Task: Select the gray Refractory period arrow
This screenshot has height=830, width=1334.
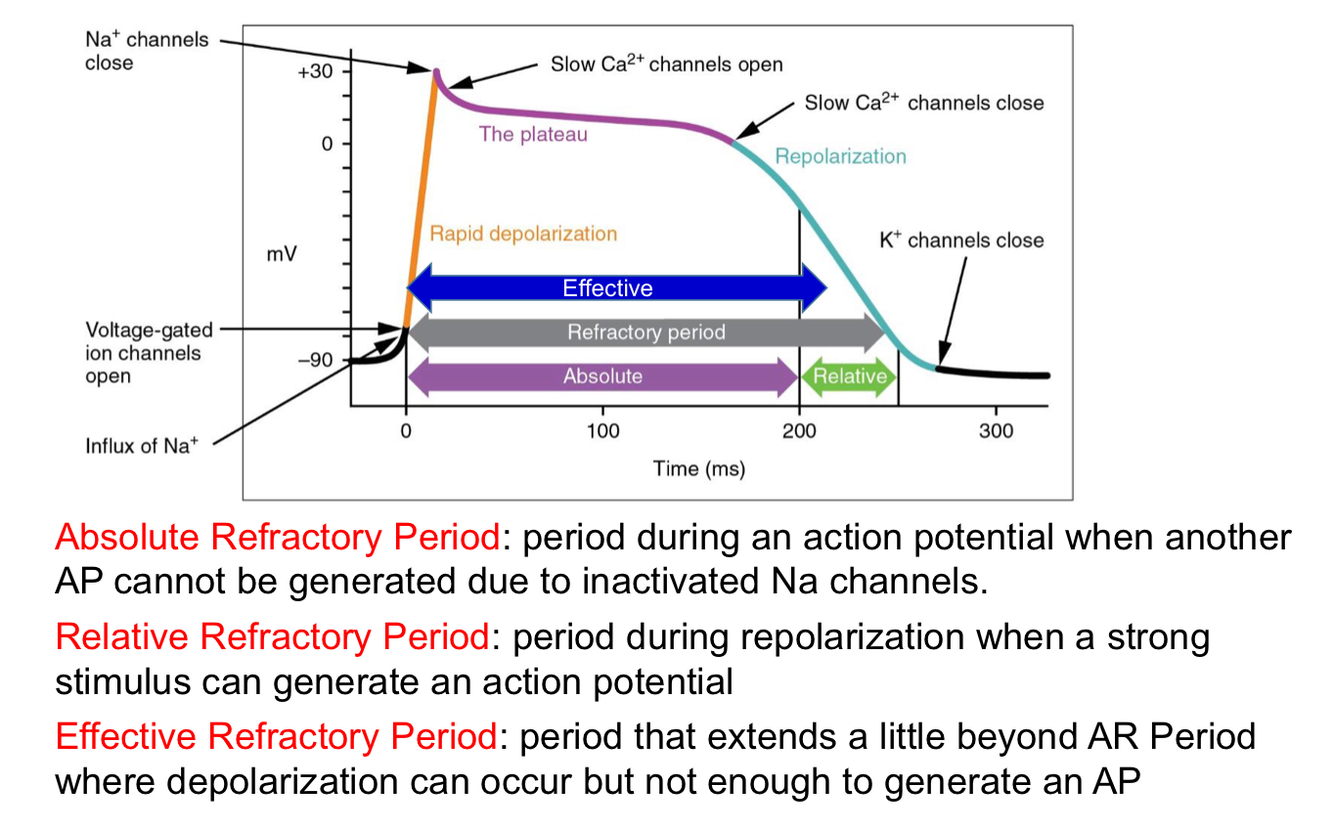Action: (x=645, y=332)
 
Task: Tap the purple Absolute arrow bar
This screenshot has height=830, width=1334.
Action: (x=602, y=376)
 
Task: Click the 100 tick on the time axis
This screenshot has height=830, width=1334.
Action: (x=603, y=431)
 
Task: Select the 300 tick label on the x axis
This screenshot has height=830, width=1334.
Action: (x=996, y=431)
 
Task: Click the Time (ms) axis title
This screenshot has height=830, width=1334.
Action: (x=699, y=468)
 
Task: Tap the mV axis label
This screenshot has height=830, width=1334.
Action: (x=281, y=254)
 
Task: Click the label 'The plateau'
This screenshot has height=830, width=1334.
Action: (x=533, y=134)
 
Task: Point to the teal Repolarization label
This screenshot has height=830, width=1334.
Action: (x=840, y=156)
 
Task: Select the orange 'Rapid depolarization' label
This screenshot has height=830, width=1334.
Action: (x=523, y=233)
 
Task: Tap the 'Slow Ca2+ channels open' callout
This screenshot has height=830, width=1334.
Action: (x=666, y=65)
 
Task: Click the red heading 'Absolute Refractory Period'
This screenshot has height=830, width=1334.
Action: (x=277, y=538)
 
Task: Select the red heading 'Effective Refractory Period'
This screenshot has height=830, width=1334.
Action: (x=276, y=737)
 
